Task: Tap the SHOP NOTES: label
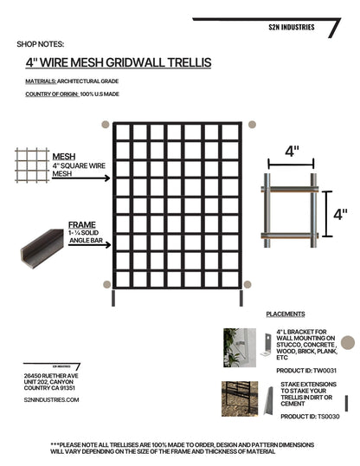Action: coord(40,43)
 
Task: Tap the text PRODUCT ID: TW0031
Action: coord(296,370)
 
